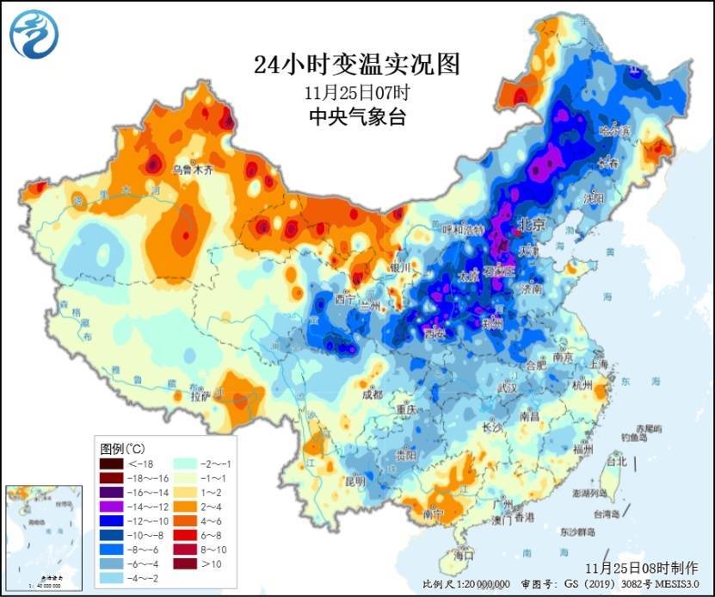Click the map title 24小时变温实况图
coord(357,65)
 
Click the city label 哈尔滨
coord(614,130)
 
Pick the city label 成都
coord(372,395)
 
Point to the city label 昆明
coord(354,480)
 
